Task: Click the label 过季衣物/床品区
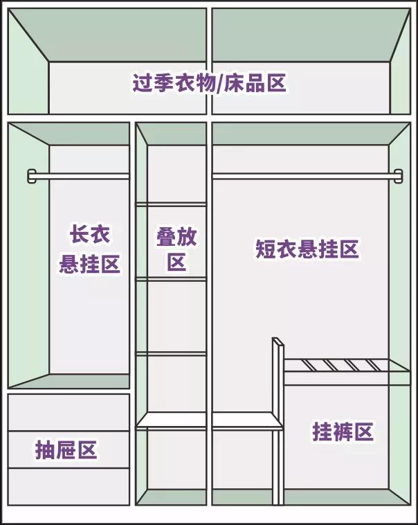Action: (209, 84)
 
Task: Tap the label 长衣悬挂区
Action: (90, 249)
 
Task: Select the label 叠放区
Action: (176, 249)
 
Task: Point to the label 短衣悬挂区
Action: (307, 250)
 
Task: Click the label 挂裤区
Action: (343, 432)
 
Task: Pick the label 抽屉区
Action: (66, 450)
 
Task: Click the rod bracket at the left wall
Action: (31, 176)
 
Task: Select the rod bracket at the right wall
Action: (398, 176)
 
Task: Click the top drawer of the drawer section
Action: (69, 412)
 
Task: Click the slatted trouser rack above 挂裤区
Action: (338, 365)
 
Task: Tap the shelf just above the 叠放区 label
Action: (172, 204)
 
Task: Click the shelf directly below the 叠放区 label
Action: (172, 278)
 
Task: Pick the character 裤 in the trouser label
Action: (343, 432)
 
